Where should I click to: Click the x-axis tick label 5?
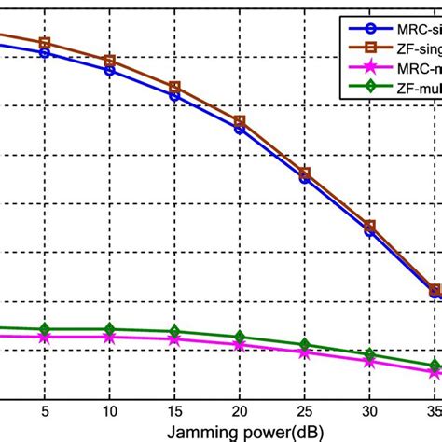tap(44, 410)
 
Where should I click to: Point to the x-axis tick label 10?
tap(109, 410)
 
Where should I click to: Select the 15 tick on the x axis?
tap(174, 410)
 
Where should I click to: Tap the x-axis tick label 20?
tap(240, 410)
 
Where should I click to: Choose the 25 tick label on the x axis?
tap(304, 410)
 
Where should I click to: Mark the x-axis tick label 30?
tap(369, 410)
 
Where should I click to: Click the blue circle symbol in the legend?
tap(357, 29)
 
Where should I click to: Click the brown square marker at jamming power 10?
tap(109, 61)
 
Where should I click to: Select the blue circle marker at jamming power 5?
tap(44, 53)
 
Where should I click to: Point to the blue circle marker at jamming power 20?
tap(240, 129)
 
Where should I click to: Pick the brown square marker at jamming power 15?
tap(174, 88)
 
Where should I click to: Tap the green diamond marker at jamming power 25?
tap(304, 345)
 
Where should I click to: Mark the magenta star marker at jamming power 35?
tap(435, 373)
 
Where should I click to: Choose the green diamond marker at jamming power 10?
tap(109, 329)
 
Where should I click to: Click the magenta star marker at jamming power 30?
tap(369, 361)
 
